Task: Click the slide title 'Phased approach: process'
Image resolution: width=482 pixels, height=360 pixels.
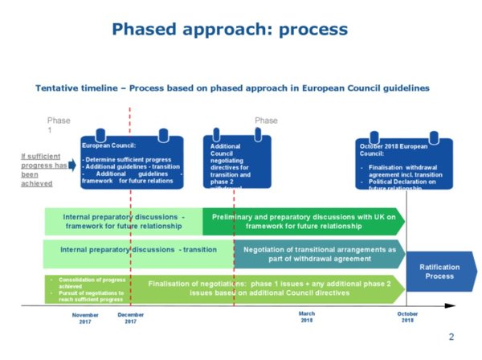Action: click(x=230, y=30)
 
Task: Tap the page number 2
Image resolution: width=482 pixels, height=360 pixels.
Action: click(x=451, y=337)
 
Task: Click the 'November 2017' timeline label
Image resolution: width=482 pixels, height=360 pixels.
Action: click(x=85, y=317)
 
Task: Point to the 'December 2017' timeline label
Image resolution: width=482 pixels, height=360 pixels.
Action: click(x=130, y=317)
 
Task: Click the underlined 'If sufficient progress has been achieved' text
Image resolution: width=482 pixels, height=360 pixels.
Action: click(x=43, y=169)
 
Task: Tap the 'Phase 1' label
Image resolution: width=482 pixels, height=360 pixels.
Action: click(x=58, y=125)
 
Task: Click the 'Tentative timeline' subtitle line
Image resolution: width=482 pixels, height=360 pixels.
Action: click(x=231, y=87)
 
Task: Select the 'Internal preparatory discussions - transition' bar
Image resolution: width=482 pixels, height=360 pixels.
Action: click(x=138, y=249)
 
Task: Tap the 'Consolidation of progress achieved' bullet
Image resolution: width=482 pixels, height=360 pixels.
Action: click(x=84, y=284)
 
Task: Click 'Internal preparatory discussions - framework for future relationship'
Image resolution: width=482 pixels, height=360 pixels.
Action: click(x=124, y=221)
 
